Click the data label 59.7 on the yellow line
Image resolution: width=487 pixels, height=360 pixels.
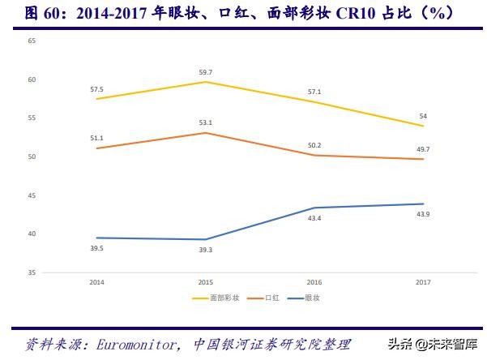click(205, 71)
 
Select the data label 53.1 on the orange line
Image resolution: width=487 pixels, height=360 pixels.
click(205, 122)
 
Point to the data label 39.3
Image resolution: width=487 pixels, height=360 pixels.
click(205, 250)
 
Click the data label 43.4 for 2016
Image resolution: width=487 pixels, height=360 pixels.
click(314, 219)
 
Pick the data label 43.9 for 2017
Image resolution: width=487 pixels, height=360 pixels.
click(422, 213)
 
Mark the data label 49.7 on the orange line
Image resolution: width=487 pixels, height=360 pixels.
click(422, 149)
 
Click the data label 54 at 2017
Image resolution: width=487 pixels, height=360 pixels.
click(422, 116)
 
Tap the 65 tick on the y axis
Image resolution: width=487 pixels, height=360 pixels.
click(32, 41)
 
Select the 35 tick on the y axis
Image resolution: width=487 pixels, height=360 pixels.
click(32, 272)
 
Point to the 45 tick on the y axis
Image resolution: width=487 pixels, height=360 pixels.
click(32, 195)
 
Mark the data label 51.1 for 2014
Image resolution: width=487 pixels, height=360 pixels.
click(96, 138)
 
